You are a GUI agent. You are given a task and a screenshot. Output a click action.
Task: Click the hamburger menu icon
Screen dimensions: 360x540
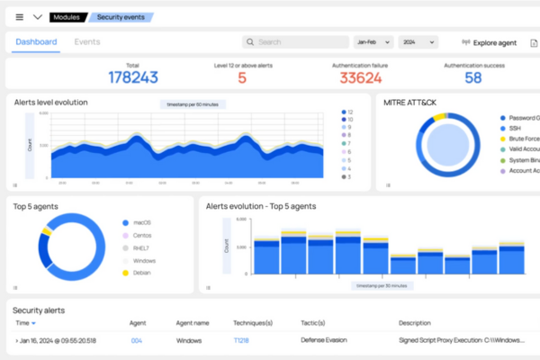[x=19, y=16]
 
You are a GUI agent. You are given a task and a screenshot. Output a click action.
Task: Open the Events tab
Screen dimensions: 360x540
[x=87, y=41]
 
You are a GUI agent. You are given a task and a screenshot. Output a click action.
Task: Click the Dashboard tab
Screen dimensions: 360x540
[x=36, y=41]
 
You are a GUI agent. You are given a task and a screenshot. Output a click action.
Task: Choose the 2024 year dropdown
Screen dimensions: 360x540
[x=418, y=41]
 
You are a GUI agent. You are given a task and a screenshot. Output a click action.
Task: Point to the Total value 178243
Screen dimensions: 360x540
[x=132, y=77]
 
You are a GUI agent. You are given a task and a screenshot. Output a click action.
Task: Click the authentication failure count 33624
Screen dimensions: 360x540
[x=360, y=77]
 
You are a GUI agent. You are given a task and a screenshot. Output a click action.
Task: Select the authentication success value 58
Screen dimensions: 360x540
[x=472, y=77]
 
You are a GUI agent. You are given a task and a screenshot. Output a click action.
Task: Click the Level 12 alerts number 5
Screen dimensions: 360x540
[x=242, y=77]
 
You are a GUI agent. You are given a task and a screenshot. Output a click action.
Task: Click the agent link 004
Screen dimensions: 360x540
[x=136, y=340]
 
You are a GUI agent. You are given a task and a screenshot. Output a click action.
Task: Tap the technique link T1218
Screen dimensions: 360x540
[x=240, y=340]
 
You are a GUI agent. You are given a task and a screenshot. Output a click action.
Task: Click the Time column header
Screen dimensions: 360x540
[x=24, y=322]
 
